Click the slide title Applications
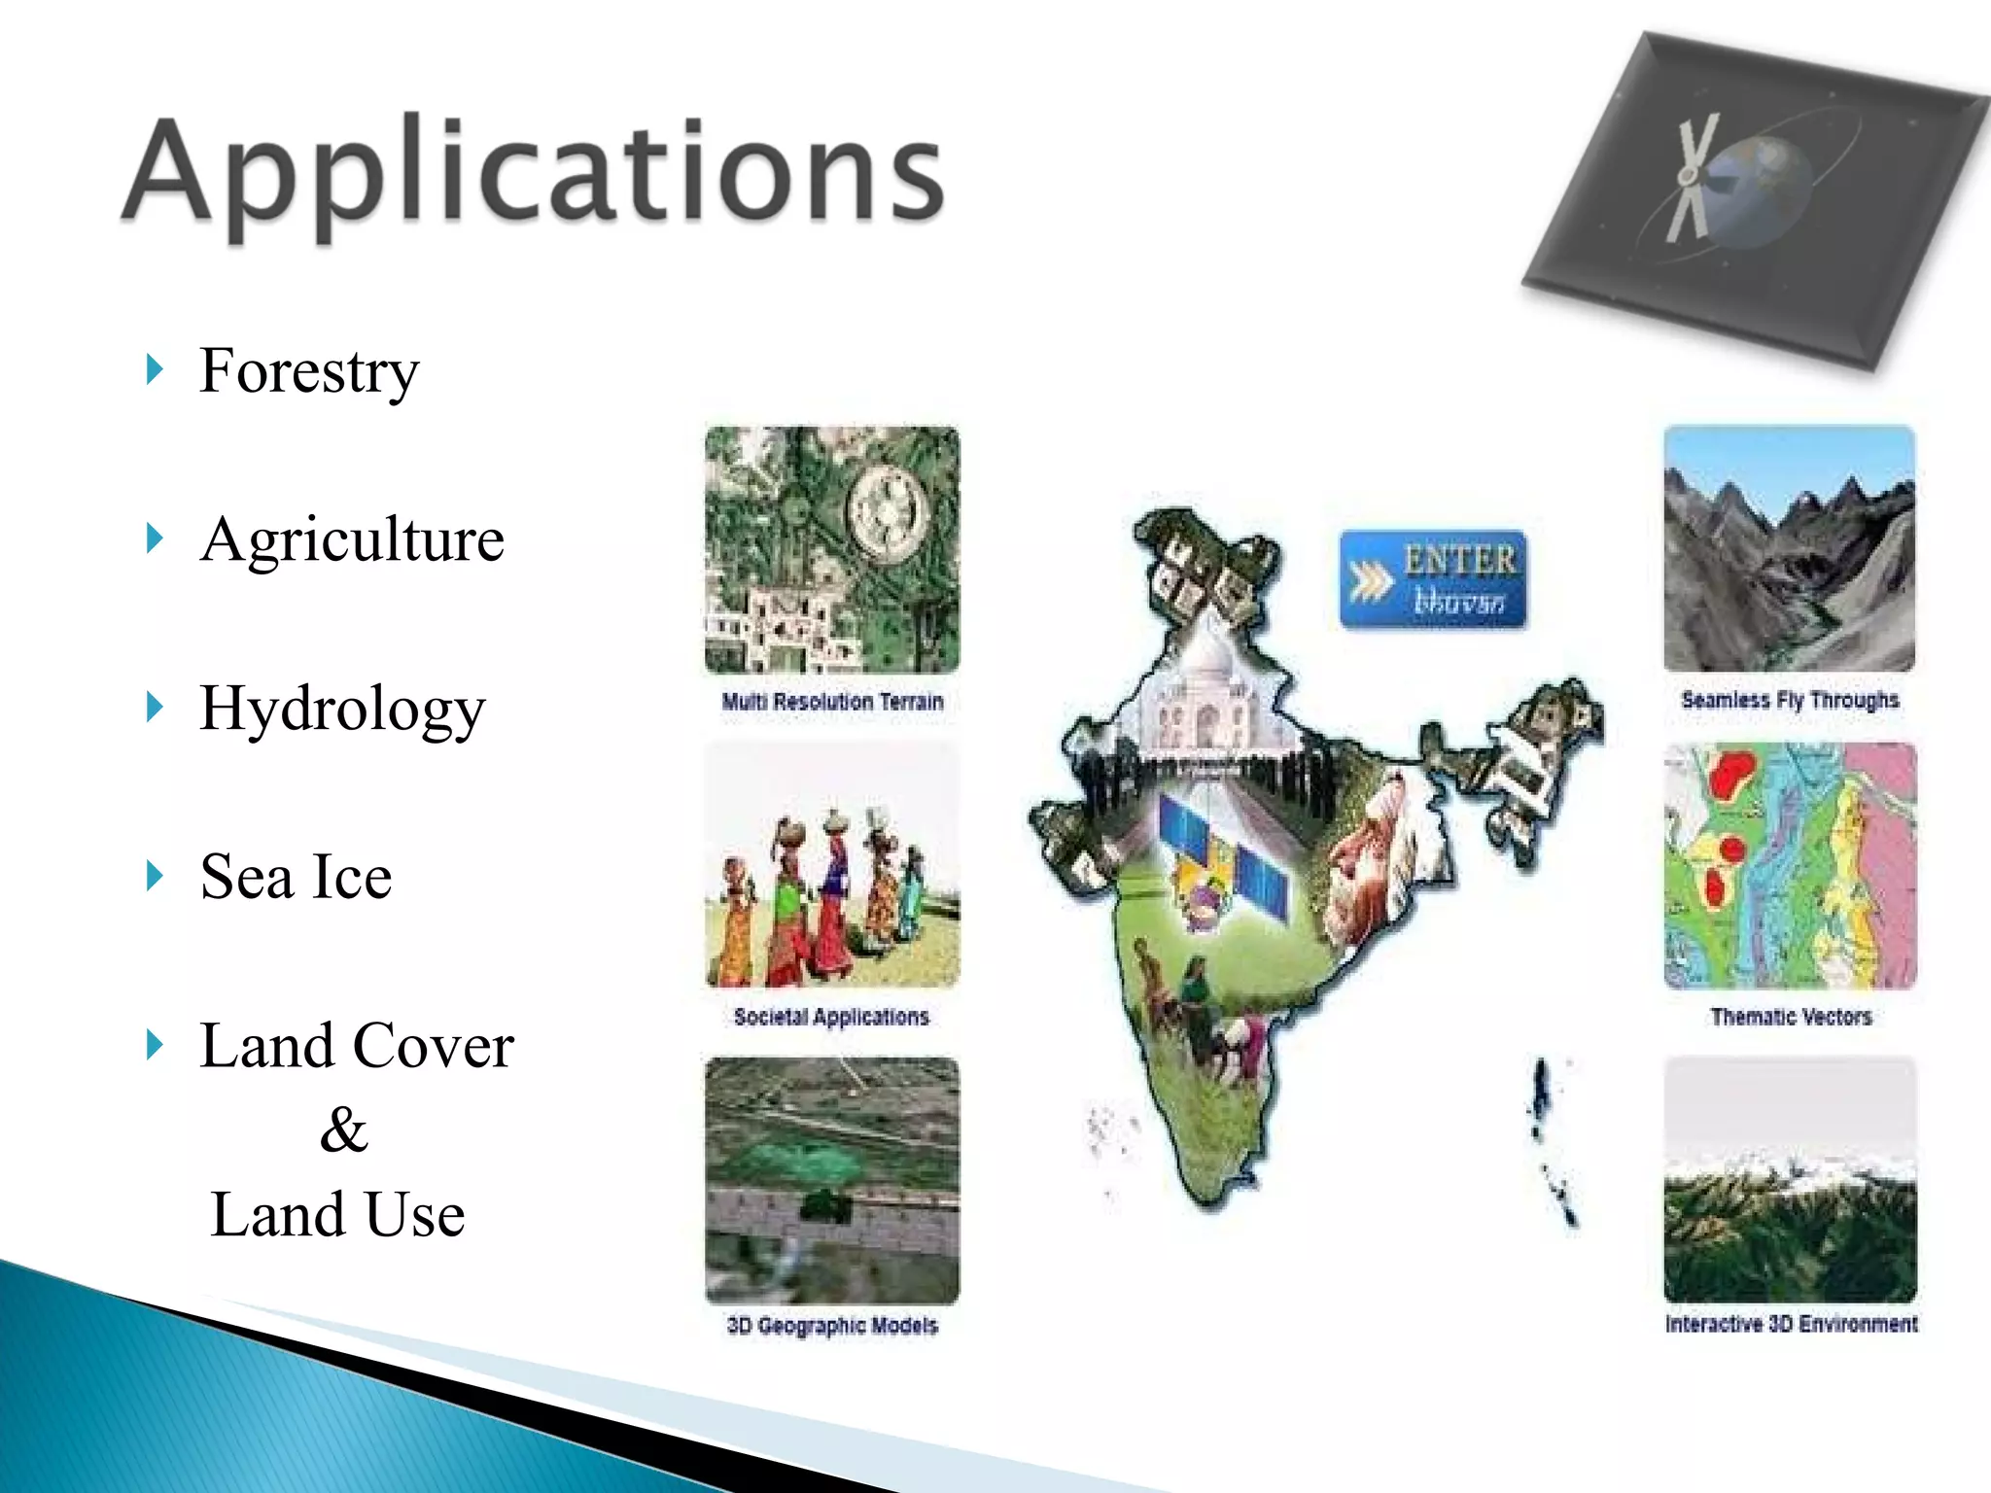point(533,173)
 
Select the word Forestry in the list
point(309,371)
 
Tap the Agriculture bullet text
point(352,539)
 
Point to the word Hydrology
point(342,709)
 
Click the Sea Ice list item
point(296,877)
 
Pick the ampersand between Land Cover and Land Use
point(343,1129)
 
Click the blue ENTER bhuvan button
point(1433,580)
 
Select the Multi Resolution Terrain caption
point(832,702)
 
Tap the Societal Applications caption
point(831,1017)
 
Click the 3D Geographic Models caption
point(832,1326)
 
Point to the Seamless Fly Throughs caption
point(1790,700)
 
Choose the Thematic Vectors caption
point(1791,1017)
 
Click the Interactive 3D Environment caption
point(1791,1324)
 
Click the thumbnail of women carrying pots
point(832,865)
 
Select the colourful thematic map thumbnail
point(1790,865)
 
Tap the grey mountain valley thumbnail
point(1790,548)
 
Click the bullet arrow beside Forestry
point(154,370)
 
